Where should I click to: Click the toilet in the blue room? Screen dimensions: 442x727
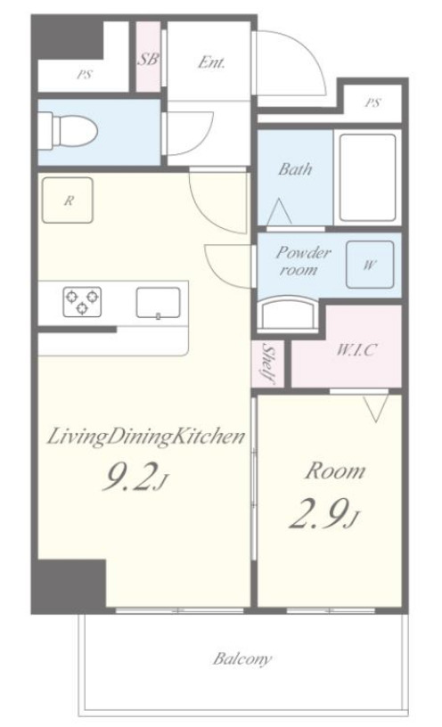69,131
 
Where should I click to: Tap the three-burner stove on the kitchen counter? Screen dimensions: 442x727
82,302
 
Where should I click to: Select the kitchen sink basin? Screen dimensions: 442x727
158,303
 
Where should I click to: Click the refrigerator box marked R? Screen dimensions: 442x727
68,200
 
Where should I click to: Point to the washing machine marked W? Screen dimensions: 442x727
370,265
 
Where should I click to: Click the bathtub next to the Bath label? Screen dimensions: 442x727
367,178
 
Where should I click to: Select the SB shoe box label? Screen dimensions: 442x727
149,59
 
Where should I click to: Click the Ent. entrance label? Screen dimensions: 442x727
211,62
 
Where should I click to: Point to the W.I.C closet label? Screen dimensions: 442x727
356,349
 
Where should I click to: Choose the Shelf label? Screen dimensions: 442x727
267,363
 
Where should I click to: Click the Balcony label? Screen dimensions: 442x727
242,659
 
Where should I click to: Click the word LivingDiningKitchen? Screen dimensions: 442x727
146,437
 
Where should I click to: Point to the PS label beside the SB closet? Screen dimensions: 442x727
85,74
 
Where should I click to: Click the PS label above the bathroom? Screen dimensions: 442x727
372,102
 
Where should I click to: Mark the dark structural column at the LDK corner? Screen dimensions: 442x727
69,586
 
